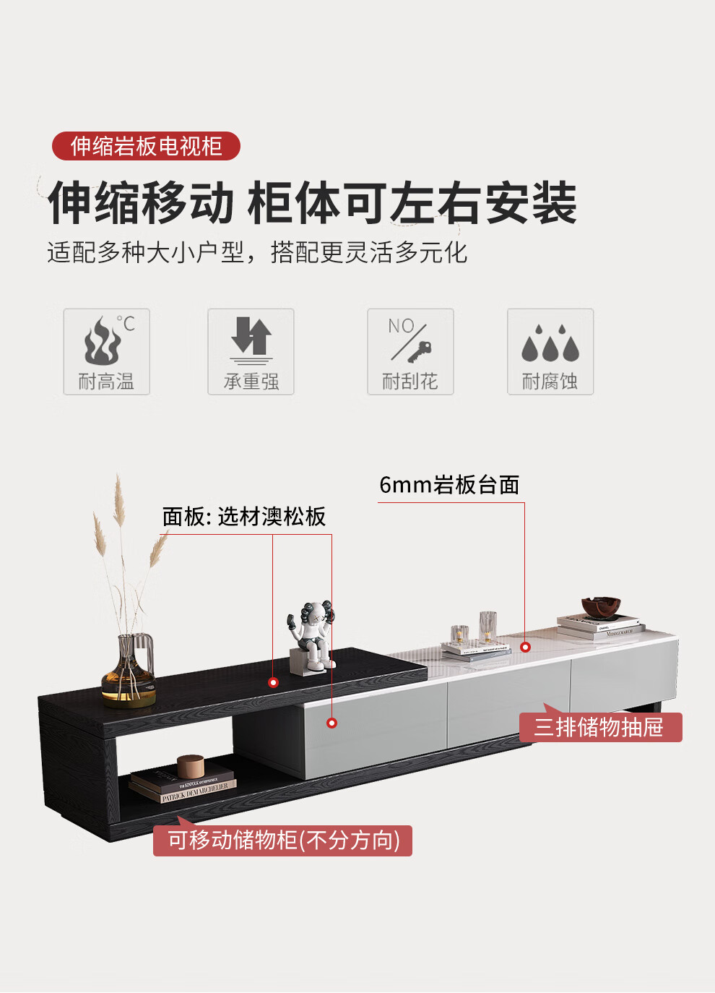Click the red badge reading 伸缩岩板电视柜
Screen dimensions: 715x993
click(146, 146)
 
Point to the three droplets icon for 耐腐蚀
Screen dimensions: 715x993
click(550, 343)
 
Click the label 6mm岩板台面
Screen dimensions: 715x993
click(449, 485)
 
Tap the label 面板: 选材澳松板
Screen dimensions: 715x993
click(244, 517)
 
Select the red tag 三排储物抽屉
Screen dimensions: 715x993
click(600, 727)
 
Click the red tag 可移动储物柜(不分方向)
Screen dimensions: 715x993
click(283, 841)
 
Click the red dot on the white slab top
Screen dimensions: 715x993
click(525, 647)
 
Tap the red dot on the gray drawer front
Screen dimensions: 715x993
click(331, 723)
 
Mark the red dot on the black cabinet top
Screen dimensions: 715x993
click(273, 682)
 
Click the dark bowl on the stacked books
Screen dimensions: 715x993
click(601, 608)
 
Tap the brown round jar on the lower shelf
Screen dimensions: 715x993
click(191, 766)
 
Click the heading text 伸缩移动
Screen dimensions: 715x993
click(142, 204)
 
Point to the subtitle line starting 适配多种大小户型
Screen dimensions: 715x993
click(257, 253)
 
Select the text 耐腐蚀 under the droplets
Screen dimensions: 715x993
click(550, 382)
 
